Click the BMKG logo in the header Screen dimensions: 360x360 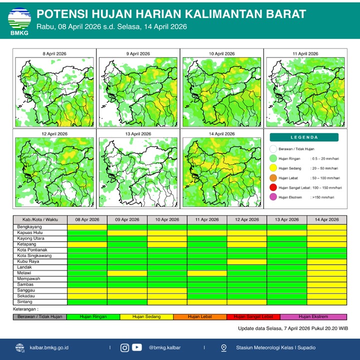tap(19, 19)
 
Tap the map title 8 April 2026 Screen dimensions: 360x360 tap(54, 53)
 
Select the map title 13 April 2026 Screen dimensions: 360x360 tap(137, 134)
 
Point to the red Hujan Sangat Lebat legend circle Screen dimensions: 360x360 tap(273, 187)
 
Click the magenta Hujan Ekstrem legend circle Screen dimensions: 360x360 tap(273, 197)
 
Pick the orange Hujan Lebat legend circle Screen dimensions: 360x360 tap(273, 177)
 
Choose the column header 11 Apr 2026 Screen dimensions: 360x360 tap(207, 219)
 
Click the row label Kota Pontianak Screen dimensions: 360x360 tap(32, 250)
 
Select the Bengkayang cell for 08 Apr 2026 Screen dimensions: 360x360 tap(87, 227)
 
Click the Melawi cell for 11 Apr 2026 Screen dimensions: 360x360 tap(207, 273)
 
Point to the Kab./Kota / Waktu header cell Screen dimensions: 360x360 tap(39, 219)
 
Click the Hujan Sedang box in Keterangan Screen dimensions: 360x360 tap(146, 316)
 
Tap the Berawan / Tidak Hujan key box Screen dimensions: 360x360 tap(39, 316)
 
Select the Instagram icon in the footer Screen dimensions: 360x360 tap(125, 347)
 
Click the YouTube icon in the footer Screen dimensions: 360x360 tap(136, 347)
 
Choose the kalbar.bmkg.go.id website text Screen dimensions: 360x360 tap(49, 347)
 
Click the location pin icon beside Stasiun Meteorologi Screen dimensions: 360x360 tap(225, 347)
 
